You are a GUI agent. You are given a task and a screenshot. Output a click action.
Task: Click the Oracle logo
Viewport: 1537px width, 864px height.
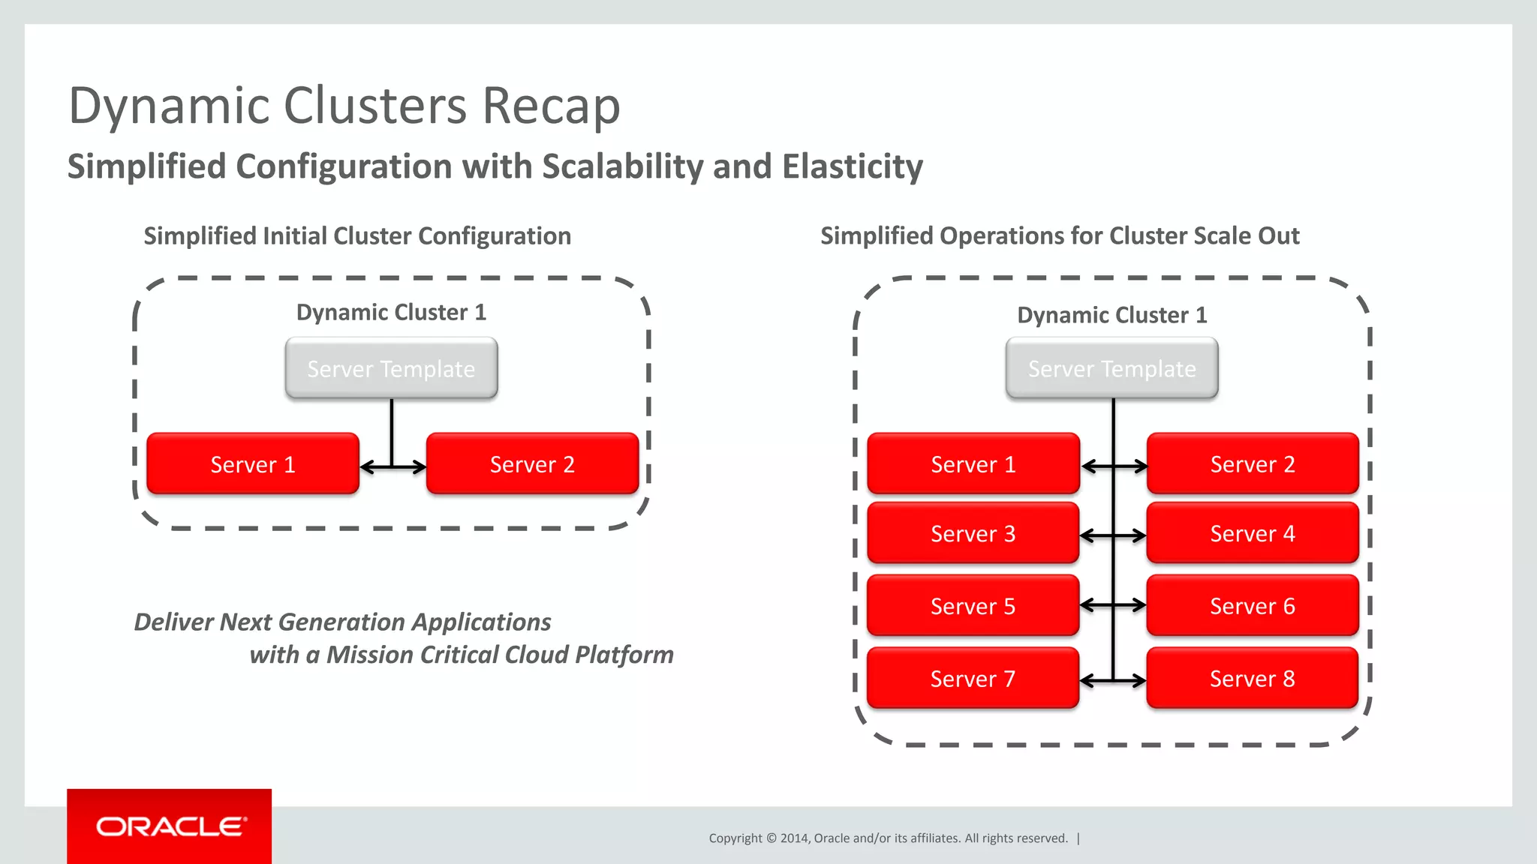click(x=170, y=826)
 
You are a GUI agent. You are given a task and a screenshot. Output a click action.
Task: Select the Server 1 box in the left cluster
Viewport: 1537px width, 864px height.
click(x=253, y=464)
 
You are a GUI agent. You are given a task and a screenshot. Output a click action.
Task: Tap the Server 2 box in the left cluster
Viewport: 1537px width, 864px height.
click(x=532, y=464)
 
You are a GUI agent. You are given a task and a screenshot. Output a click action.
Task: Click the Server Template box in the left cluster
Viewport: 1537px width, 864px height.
click(x=391, y=368)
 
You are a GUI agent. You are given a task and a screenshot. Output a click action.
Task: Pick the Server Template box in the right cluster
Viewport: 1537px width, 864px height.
click(x=1111, y=368)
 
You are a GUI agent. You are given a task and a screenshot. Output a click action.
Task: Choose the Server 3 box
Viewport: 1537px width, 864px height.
click(x=973, y=533)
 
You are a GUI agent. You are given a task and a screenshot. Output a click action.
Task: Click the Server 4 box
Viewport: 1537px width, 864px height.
click(x=1252, y=533)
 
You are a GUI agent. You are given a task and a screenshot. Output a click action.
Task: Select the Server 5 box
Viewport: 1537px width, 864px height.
click(x=973, y=606)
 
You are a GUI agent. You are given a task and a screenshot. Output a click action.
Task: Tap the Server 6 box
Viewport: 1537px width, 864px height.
click(x=1252, y=606)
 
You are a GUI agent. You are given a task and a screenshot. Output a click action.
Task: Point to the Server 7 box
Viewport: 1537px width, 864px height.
click(x=973, y=679)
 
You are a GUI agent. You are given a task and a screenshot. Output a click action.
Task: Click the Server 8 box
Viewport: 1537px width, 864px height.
click(x=1252, y=679)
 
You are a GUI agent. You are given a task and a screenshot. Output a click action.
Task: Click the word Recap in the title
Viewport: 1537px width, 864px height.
click(x=551, y=106)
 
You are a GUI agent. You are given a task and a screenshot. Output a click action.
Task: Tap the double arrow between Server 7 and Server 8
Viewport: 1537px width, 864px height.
click(x=1114, y=681)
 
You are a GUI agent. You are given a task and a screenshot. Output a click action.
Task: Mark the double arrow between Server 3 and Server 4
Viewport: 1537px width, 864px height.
click(x=1114, y=536)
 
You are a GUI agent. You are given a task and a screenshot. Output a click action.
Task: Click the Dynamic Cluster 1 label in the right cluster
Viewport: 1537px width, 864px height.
click(x=1111, y=315)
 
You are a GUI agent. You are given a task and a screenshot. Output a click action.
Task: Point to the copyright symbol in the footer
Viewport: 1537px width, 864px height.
click(x=771, y=838)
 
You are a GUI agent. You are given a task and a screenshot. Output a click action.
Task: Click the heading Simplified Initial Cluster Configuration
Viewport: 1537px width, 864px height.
click(x=357, y=236)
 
